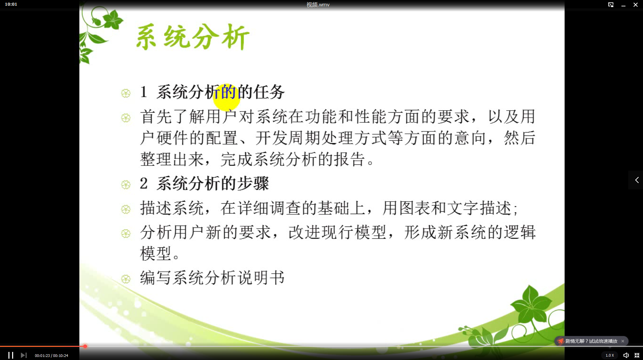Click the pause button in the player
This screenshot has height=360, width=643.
click(11, 355)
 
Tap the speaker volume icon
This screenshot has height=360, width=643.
click(626, 355)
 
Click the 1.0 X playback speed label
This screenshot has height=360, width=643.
click(610, 355)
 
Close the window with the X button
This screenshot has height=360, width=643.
click(635, 5)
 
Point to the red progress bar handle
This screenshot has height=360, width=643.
click(85, 346)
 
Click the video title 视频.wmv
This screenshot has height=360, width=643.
click(318, 5)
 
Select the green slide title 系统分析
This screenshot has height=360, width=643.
click(192, 37)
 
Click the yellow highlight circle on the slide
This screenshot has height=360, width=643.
click(226, 97)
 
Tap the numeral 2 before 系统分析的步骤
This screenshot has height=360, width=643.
click(144, 184)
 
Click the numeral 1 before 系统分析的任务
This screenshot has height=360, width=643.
click(144, 92)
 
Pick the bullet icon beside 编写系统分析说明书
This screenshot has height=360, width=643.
click(126, 279)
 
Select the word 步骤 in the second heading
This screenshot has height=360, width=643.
click(253, 184)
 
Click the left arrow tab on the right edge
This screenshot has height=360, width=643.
click(637, 180)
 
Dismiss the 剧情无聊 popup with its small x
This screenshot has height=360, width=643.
click(623, 341)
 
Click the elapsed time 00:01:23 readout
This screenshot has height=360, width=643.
click(42, 356)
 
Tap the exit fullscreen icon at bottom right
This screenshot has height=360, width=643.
click(637, 355)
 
